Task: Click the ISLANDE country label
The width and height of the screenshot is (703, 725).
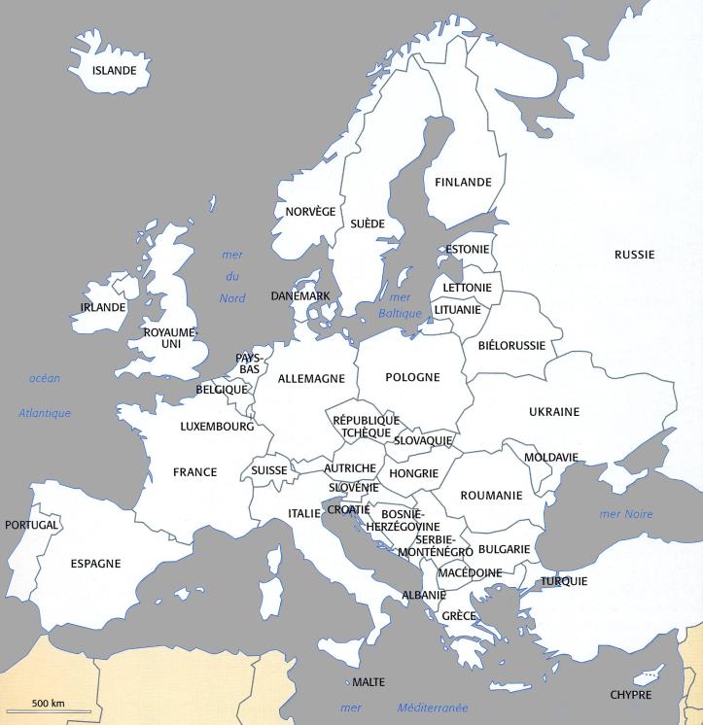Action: (114, 70)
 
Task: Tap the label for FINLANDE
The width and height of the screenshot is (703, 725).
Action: (463, 182)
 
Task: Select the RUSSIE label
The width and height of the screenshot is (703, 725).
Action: (634, 255)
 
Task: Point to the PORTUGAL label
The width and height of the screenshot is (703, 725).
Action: (31, 525)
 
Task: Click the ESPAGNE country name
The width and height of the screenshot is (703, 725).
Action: (95, 563)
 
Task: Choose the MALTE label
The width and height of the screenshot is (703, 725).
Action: (368, 682)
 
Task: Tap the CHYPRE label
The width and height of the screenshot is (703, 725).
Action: (630, 695)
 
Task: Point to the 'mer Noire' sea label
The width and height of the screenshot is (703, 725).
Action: (626, 514)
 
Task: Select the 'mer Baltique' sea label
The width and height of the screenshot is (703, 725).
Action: (400, 305)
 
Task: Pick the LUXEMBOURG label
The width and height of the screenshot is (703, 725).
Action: (217, 426)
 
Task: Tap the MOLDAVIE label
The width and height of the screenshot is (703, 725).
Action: (551, 457)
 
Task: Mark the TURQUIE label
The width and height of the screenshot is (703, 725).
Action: (564, 581)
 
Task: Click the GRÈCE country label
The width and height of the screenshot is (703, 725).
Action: (459, 616)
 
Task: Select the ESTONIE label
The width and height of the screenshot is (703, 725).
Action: (467, 249)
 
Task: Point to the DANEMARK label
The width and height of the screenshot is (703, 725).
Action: (300, 295)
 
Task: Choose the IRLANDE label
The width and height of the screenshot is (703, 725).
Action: (103, 307)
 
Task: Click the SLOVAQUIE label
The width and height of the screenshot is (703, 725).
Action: (423, 440)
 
